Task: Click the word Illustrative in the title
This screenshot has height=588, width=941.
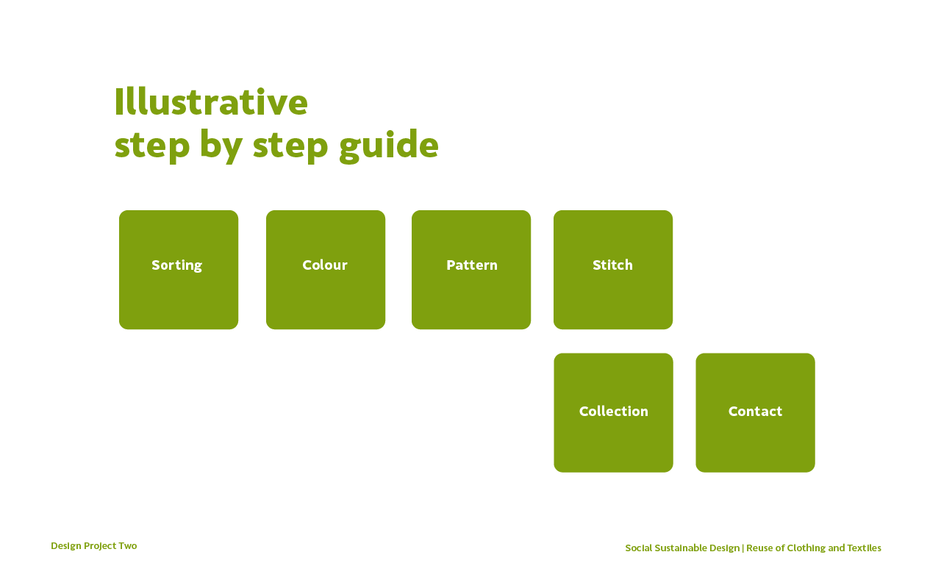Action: [x=211, y=101]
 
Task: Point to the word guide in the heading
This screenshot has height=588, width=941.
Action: [x=389, y=146]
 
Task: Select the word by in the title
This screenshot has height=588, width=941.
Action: [x=221, y=146]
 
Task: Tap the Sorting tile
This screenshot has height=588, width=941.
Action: [x=179, y=270]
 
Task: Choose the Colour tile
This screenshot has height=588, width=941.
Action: [x=326, y=270]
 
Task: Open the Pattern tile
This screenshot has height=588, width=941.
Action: [x=471, y=270]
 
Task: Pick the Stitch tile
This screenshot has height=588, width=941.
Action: [x=613, y=270]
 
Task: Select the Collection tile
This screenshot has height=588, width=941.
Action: [x=613, y=413]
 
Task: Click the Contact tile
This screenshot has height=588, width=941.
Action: [x=755, y=413]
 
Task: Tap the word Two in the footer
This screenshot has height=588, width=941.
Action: [x=128, y=545]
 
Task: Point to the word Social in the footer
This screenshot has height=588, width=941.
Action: [x=638, y=548]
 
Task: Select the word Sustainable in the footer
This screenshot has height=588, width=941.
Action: [x=681, y=548]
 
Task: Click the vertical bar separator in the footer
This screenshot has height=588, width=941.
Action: [x=743, y=548]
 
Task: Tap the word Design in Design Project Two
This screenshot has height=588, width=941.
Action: [x=66, y=546]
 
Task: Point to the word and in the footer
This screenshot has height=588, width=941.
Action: [x=837, y=548]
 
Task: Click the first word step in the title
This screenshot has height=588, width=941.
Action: [x=152, y=147]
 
